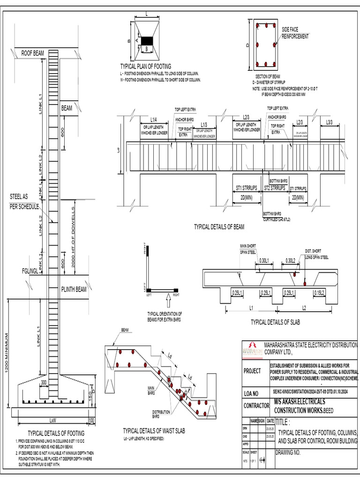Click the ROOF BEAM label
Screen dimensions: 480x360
click(x=32, y=53)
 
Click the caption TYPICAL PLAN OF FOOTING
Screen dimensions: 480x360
click(x=145, y=67)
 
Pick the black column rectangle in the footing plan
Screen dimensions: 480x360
click(x=148, y=40)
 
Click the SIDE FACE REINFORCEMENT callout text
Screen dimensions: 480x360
click(x=295, y=33)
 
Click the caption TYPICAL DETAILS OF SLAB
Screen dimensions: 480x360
click(x=275, y=322)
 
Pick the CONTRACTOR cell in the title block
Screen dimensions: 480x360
click(x=255, y=405)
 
